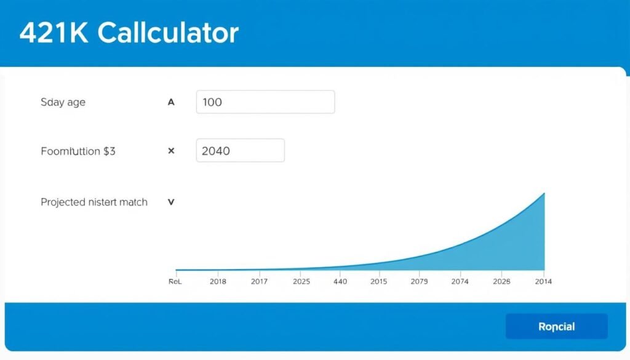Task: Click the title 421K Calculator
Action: pyautogui.click(x=129, y=33)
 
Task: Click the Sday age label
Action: pyautogui.click(x=63, y=102)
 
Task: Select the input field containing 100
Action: pyautogui.click(x=265, y=102)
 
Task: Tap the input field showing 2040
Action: pyautogui.click(x=240, y=150)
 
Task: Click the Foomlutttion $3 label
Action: pyautogui.click(x=78, y=151)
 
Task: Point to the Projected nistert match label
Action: pyautogui.click(x=94, y=202)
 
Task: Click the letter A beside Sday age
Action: pyautogui.click(x=171, y=102)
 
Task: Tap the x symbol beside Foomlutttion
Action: pyautogui.click(x=171, y=151)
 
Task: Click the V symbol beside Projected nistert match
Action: pyautogui.click(x=171, y=202)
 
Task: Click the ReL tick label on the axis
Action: pyautogui.click(x=176, y=281)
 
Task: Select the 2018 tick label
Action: pyautogui.click(x=218, y=281)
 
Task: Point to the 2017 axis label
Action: pyautogui.click(x=260, y=281)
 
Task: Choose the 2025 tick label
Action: pyautogui.click(x=301, y=281)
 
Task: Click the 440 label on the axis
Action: pyautogui.click(x=340, y=281)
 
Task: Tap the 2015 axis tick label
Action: pyautogui.click(x=379, y=281)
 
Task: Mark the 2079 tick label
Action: pyautogui.click(x=418, y=281)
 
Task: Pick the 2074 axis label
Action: pyautogui.click(x=460, y=281)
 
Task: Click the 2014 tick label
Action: pyautogui.click(x=543, y=281)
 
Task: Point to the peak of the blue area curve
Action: pyautogui.click(x=544, y=193)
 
